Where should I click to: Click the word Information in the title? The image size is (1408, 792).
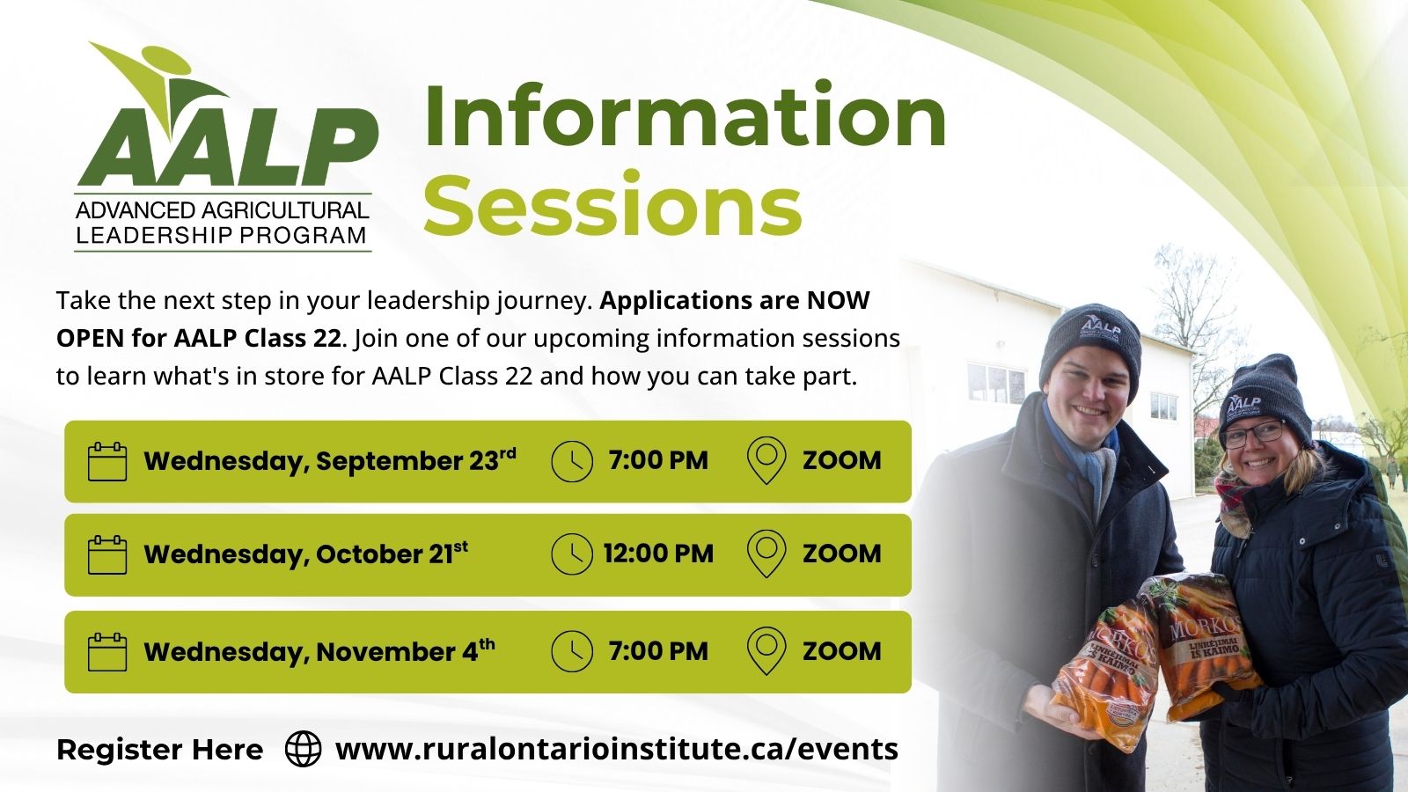point(686,116)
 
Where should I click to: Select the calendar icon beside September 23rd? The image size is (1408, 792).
point(106,461)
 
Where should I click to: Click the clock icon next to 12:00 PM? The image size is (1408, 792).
point(571,554)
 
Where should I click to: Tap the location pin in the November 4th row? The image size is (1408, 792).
point(766,651)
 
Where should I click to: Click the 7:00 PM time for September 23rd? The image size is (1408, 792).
point(658,461)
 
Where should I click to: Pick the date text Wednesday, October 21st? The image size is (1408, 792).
point(305,554)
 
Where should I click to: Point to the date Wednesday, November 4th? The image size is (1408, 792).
point(319,650)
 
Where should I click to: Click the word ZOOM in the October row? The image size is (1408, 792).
point(841,554)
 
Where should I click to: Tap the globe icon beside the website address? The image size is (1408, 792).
point(303,749)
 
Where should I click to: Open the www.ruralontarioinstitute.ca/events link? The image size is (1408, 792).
point(617,749)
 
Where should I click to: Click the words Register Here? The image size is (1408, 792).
point(159,750)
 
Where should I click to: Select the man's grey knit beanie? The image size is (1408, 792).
point(1090,348)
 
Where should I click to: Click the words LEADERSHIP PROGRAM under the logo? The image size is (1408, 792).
point(221,235)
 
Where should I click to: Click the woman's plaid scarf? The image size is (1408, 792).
point(1232,502)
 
